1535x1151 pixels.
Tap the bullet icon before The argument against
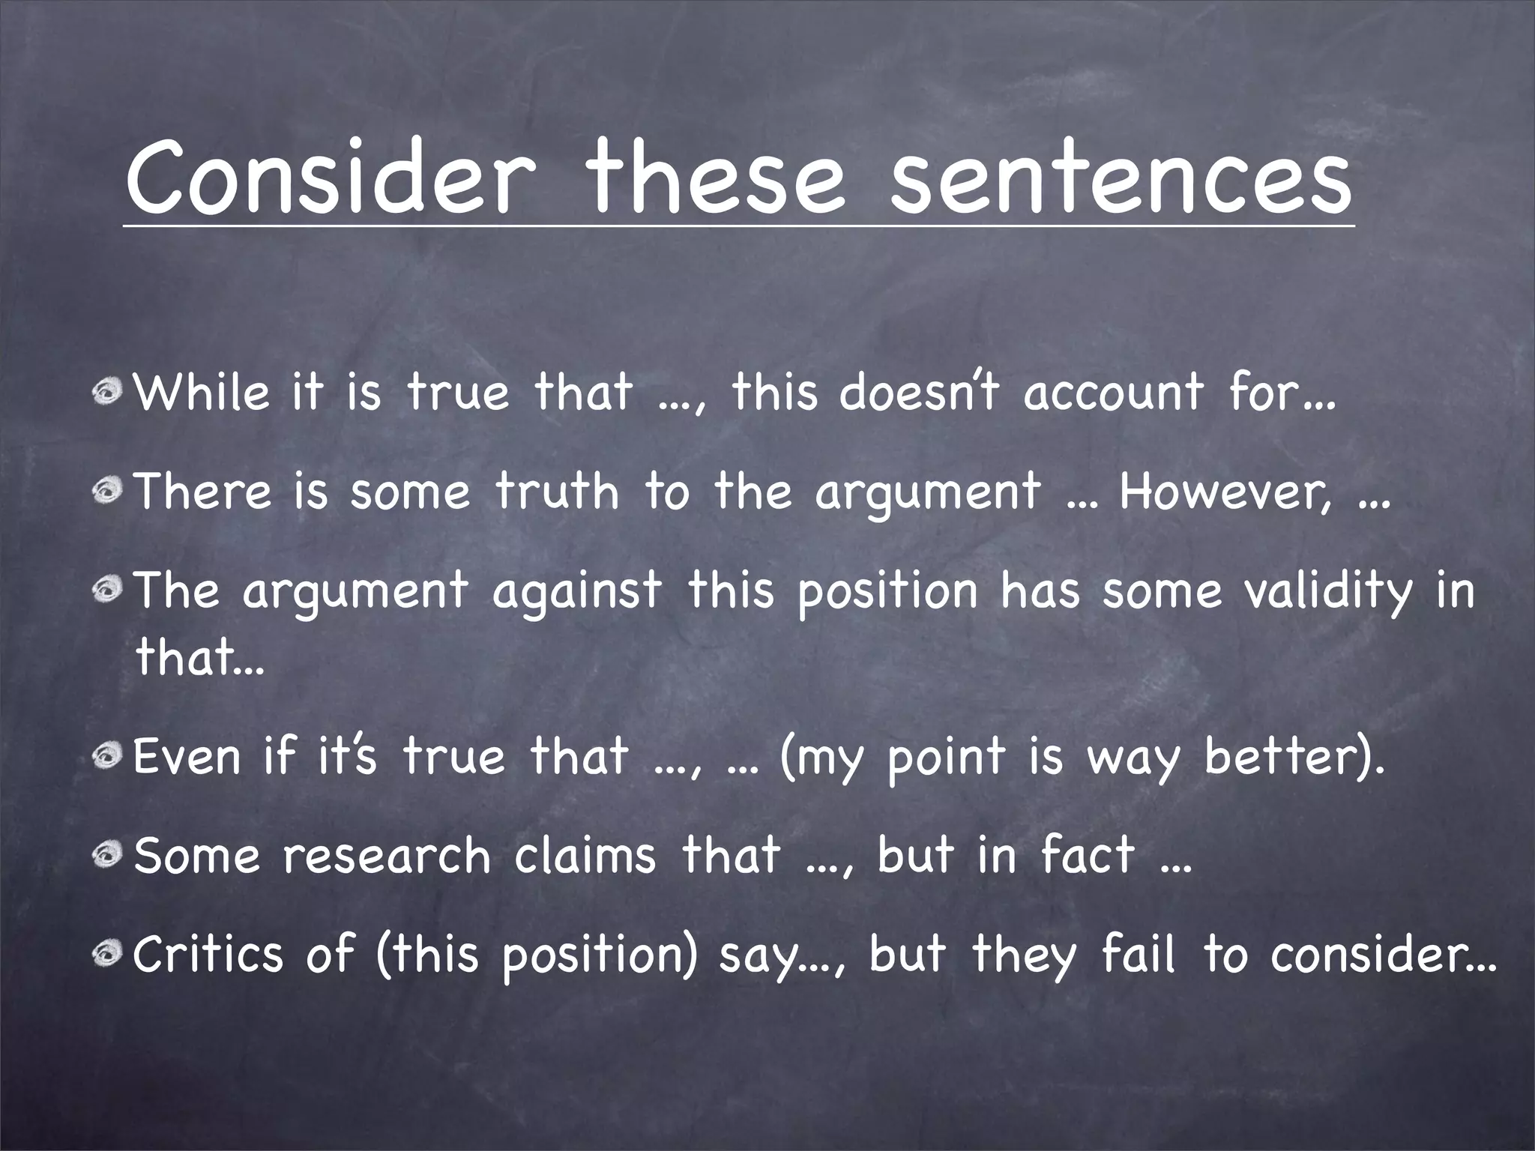click(x=108, y=589)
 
